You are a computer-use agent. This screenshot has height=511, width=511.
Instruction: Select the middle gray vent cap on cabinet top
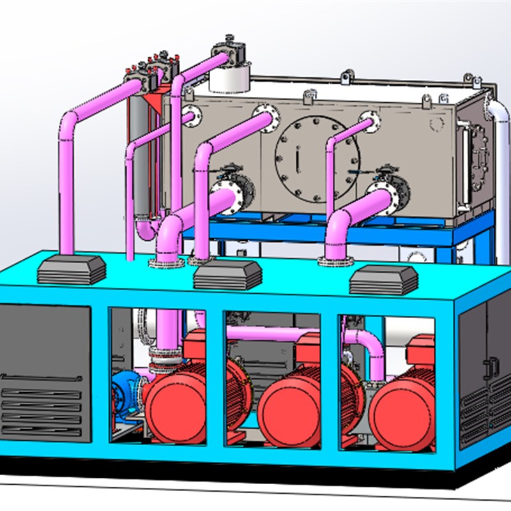[227, 275]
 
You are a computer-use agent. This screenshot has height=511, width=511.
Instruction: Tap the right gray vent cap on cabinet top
[383, 280]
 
